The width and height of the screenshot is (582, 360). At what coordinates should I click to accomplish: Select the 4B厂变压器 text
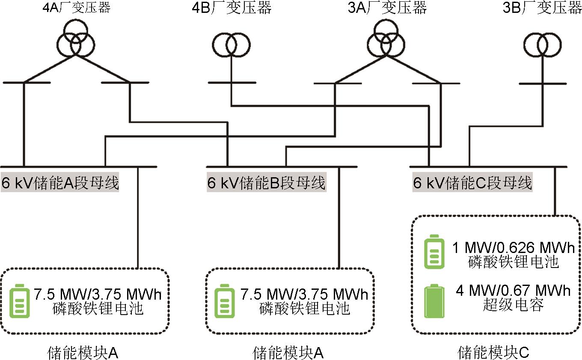pos(232,7)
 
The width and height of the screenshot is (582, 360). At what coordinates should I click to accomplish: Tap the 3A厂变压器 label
pos(388,7)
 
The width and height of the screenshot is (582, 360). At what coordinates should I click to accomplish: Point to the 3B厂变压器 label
pos(543,7)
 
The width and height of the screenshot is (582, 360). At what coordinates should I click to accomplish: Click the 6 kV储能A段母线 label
pos(60,183)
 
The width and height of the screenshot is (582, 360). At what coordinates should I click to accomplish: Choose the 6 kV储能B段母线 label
pos(266,183)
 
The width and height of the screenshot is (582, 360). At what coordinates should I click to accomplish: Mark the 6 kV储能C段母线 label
pos(472,183)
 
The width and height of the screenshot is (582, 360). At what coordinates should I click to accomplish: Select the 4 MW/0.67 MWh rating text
pos(513,291)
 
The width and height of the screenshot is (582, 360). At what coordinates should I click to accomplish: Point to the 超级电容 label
pos(512,305)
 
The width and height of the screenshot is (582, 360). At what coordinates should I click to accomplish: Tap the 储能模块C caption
pos(493,353)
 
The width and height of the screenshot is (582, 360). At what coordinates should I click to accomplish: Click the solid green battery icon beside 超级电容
pos(434,302)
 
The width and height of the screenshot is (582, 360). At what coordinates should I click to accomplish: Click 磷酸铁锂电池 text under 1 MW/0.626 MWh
pos(512,262)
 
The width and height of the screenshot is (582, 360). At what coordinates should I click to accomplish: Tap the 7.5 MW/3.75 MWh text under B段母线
pos(304,295)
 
